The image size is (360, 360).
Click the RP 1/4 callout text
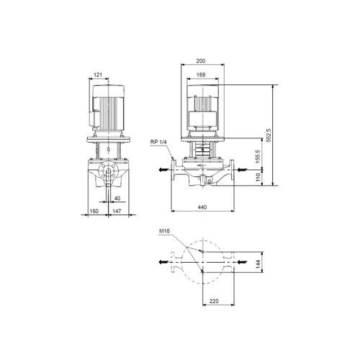159,142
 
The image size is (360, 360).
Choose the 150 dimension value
93,212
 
